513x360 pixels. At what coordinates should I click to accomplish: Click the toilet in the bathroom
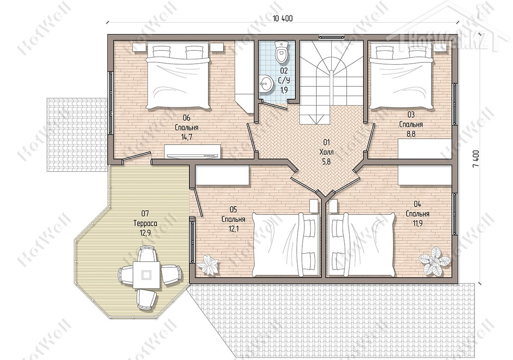tap(282, 52)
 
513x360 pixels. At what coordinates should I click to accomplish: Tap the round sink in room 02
tap(266, 84)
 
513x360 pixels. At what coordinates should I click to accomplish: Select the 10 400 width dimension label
tap(283, 18)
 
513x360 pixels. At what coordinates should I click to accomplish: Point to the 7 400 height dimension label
tap(475, 159)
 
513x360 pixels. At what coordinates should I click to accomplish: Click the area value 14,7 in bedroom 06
tap(187, 137)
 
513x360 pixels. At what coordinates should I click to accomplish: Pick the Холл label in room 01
tap(326, 152)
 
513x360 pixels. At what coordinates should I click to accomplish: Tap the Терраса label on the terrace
tap(145, 223)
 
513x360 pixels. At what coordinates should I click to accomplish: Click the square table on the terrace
tap(146, 275)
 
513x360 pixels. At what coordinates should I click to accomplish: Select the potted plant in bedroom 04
tap(434, 261)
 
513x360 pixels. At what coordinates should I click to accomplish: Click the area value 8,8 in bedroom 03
tap(411, 134)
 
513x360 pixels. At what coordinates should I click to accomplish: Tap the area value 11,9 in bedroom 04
tap(418, 223)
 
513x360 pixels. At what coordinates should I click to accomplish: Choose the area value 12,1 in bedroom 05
tap(233, 229)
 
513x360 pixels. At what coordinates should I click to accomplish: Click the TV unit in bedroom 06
tap(193, 151)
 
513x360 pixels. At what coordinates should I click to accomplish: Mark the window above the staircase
tap(331, 37)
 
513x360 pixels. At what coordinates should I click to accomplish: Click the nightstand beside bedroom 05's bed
tap(313, 206)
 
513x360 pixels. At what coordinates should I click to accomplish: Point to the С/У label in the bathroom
tap(284, 80)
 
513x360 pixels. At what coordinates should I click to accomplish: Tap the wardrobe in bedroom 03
tap(425, 149)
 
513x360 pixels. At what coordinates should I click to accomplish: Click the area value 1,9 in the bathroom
tap(284, 90)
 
